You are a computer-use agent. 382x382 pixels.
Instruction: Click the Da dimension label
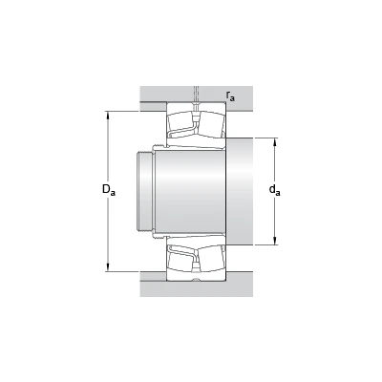(x=109, y=190)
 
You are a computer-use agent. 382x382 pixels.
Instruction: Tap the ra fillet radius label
(x=230, y=95)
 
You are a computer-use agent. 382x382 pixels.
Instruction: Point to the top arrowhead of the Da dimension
(x=108, y=116)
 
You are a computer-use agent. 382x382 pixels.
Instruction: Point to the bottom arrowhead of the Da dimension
(x=108, y=267)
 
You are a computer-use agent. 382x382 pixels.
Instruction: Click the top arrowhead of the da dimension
(x=275, y=142)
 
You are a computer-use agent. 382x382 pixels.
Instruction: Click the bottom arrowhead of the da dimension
(x=275, y=241)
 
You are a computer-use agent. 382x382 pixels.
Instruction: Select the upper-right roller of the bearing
(x=210, y=124)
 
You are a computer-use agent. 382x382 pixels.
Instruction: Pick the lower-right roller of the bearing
(x=210, y=258)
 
